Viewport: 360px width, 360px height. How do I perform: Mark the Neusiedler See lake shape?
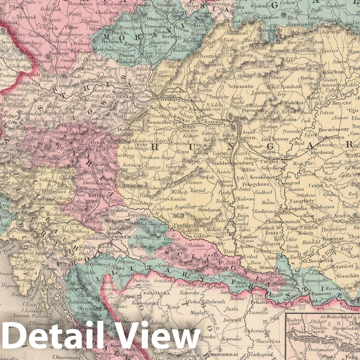point(145,121)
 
